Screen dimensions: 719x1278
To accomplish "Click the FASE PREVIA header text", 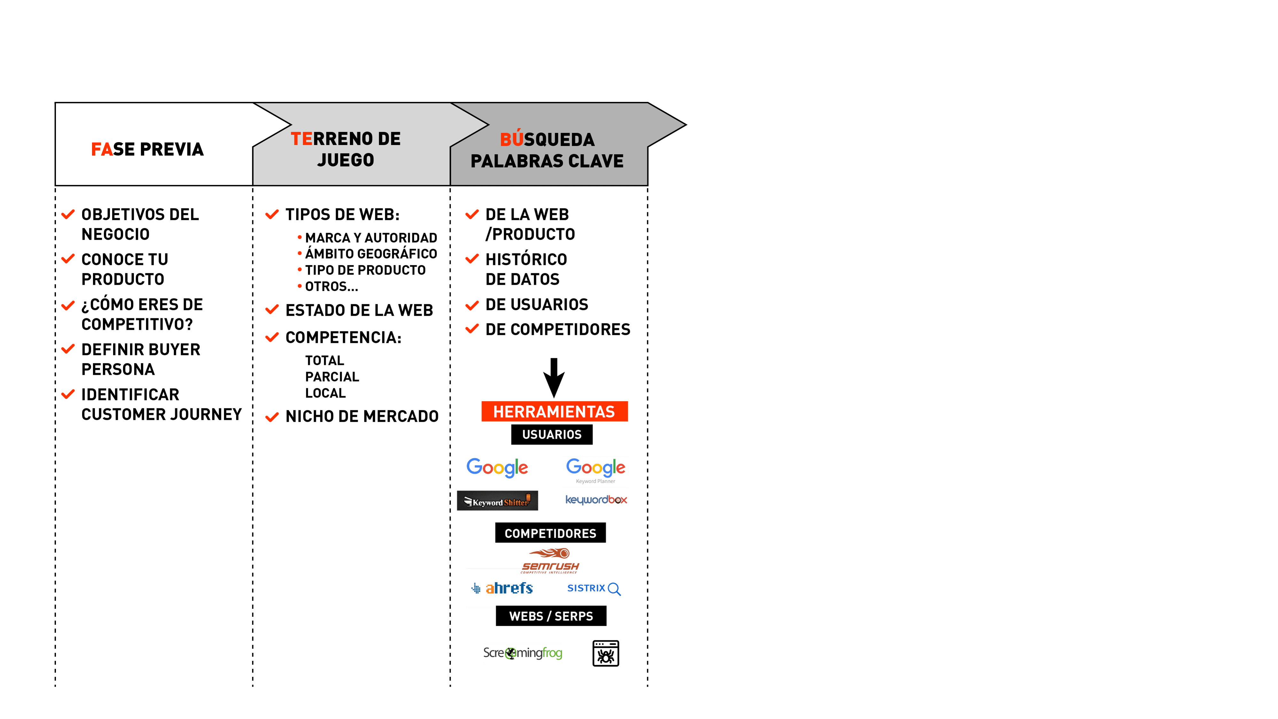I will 147,149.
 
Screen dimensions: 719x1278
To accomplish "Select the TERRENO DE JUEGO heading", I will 346,149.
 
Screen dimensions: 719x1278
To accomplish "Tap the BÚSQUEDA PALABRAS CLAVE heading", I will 547,150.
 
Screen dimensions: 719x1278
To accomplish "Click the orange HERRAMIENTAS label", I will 554,411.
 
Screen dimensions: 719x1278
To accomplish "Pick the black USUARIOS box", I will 552,435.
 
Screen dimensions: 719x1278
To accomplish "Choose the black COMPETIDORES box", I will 550,533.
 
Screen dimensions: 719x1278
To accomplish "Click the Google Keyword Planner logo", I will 595,471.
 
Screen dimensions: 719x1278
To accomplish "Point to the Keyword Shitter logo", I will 497,501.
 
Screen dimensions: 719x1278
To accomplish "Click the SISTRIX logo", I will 593,589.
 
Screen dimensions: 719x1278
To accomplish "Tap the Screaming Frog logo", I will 523,653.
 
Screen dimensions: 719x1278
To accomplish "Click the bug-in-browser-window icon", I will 606,653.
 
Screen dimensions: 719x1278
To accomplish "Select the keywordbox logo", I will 596,500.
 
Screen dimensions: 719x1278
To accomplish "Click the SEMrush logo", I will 550,561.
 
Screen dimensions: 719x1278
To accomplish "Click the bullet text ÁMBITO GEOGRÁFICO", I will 371,253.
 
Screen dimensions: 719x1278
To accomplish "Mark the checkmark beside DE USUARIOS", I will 472,305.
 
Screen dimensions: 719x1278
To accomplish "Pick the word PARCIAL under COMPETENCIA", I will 332,377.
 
